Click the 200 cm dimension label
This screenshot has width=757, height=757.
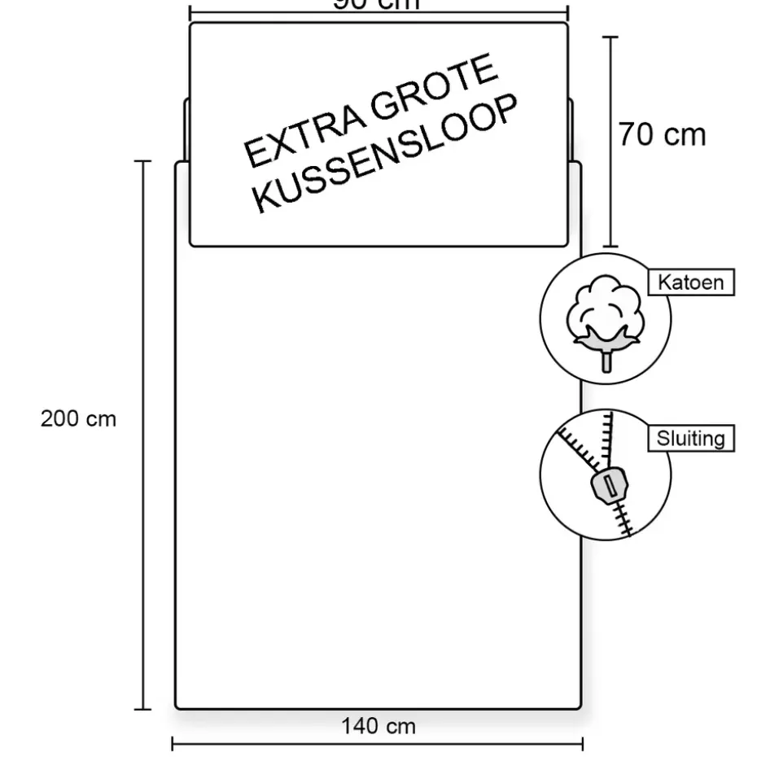pyautogui.click(x=79, y=419)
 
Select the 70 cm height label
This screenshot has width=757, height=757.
pyautogui.click(x=662, y=134)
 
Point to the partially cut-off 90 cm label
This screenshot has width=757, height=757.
pyautogui.click(x=377, y=5)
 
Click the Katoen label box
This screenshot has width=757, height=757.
pyautogui.click(x=691, y=282)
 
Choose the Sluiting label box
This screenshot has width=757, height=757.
pyautogui.click(x=691, y=439)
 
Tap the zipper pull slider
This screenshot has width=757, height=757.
pyautogui.click(x=607, y=485)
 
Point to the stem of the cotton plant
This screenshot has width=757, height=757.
pyautogui.click(x=606, y=359)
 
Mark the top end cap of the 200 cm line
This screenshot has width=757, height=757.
pyautogui.click(x=142, y=161)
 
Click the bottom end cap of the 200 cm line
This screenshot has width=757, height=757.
pyautogui.click(x=142, y=710)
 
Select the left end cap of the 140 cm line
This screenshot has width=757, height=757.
pyautogui.click(x=173, y=744)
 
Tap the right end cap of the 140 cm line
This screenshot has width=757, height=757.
pyautogui.click(x=582, y=744)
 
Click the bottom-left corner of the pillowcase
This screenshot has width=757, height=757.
pyautogui.click(x=192, y=243)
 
